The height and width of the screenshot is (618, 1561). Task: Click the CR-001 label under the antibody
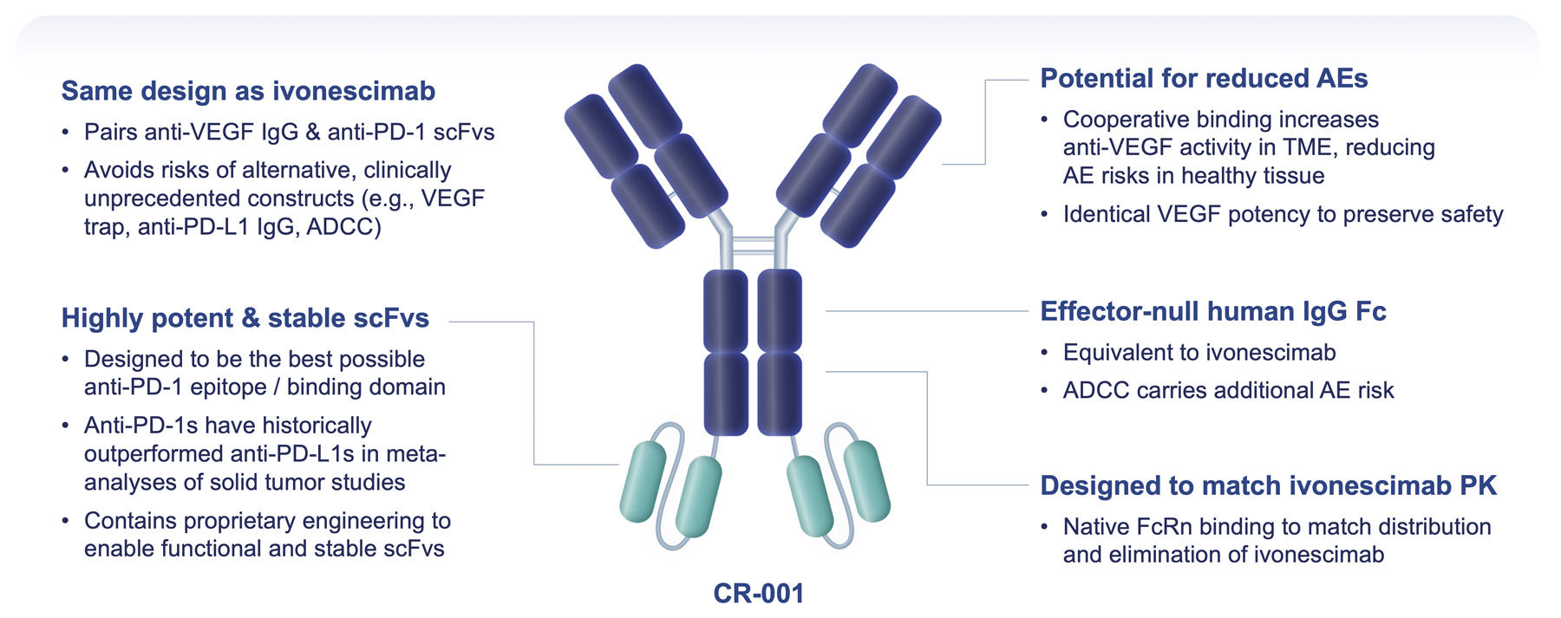pos(758,594)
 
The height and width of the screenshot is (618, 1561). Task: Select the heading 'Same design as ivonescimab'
pos(248,91)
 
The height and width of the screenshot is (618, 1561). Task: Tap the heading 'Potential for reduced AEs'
pos(1204,79)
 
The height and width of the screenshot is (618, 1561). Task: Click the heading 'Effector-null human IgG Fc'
pos(1212,311)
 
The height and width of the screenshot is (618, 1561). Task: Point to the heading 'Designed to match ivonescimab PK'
pos(1268,485)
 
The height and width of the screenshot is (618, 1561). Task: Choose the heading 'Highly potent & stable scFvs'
pos(245,318)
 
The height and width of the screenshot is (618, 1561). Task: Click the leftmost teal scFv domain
pos(643,481)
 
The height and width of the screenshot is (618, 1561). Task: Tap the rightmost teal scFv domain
pos(866,481)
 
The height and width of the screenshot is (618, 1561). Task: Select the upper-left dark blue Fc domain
pos(726,310)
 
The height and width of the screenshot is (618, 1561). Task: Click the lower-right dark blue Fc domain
pos(780,394)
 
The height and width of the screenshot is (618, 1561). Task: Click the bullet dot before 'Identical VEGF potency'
pos(1045,215)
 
